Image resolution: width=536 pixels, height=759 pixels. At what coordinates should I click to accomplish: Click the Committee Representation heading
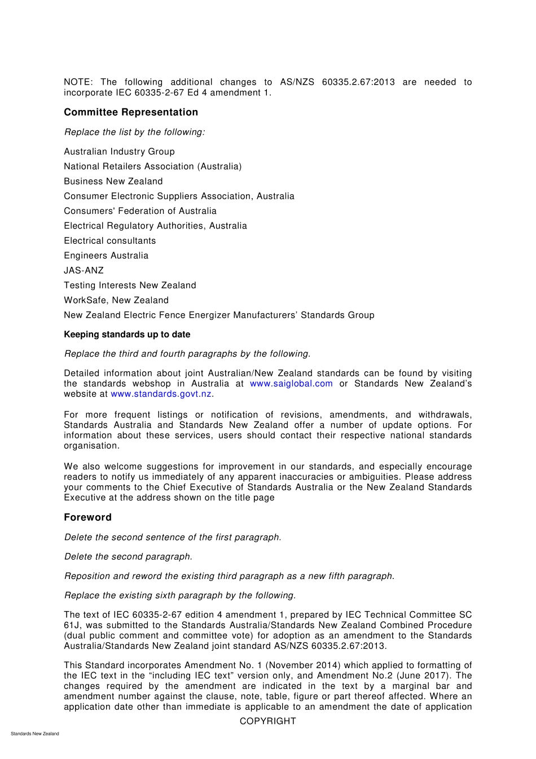click(131, 112)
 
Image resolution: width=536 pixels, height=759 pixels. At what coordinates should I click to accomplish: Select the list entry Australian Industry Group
click(119, 151)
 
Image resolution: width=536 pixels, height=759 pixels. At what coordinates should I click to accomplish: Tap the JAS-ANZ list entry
click(84, 270)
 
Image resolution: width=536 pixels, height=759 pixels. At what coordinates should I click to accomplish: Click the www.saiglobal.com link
click(291, 384)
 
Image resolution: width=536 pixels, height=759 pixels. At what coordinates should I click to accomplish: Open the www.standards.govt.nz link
click(161, 394)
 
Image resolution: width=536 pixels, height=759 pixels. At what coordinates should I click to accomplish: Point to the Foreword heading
click(87, 517)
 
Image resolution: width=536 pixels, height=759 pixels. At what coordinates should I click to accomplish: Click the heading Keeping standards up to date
click(127, 335)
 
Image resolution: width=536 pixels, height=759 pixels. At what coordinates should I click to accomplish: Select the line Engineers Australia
click(106, 256)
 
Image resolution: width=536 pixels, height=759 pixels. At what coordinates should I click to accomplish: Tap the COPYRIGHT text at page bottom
click(267, 721)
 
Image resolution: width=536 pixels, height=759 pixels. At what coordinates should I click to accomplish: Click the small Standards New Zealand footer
click(35, 734)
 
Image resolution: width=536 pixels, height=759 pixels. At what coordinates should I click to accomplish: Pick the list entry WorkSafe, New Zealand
click(116, 300)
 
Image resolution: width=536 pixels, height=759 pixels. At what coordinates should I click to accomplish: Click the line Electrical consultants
click(110, 240)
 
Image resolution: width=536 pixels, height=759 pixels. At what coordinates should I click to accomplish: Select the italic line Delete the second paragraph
click(128, 556)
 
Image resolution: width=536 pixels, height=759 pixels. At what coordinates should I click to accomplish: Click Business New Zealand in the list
click(113, 181)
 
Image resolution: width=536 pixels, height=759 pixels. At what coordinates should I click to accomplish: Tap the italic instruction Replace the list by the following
click(134, 132)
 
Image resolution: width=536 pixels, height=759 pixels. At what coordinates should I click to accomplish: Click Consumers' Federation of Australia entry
click(140, 211)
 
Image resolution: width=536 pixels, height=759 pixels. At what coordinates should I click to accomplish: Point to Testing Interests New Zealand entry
click(130, 286)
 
